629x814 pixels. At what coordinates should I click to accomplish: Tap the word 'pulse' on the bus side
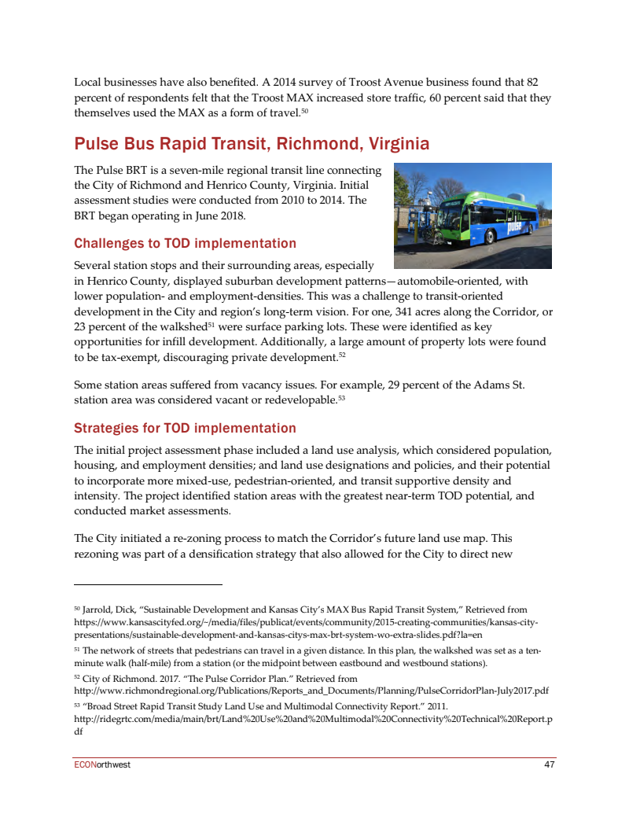point(515,227)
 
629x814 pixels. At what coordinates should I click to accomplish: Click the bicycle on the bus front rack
point(431,230)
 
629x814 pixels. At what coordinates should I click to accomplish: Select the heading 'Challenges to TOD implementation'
point(185,243)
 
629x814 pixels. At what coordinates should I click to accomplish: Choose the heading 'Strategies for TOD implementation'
point(185,428)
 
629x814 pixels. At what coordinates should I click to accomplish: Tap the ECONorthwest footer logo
point(102,764)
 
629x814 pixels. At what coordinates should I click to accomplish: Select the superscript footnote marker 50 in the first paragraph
point(305,112)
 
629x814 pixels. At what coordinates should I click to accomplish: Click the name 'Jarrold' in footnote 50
point(101,610)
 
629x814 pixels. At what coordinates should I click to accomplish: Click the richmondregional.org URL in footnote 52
point(311,691)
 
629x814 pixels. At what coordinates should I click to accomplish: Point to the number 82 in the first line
point(531,82)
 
